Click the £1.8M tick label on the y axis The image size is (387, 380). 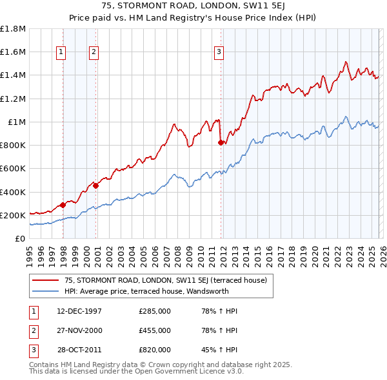click(13, 29)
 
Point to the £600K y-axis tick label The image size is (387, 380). click(13, 169)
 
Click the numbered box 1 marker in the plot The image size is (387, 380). click(61, 52)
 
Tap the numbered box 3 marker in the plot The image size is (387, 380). click(219, 52)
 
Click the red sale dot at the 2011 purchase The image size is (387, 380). click(221, 143)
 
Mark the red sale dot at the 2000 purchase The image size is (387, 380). click(95, 185)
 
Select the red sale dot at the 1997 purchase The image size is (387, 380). click(63, 205)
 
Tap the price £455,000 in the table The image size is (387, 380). click(155, 330)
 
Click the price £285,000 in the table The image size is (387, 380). click(155, 311)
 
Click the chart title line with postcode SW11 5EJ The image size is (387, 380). click(193, 6)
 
